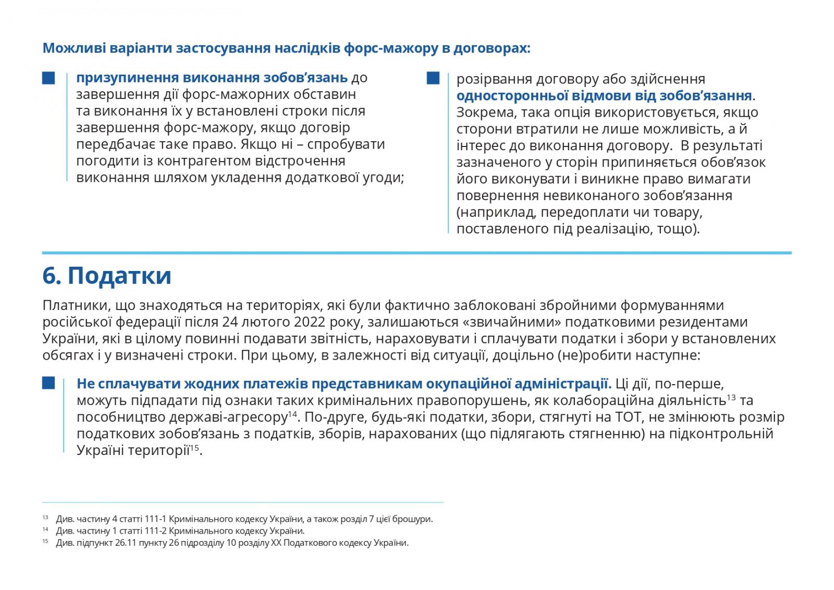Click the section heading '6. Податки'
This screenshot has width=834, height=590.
[x=107, y=276]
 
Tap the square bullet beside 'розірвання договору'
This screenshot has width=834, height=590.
[x=433, y=79]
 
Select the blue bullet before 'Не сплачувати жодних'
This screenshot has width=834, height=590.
[x=48, y=383]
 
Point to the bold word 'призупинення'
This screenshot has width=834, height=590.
[x=127, y=78]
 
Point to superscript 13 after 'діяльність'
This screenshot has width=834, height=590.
[x=731, y=398]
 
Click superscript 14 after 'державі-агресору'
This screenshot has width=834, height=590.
[x=292, y=414]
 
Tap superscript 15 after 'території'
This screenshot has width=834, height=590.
[x=194, y=448]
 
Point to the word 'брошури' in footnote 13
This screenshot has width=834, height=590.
[x=416, y=519]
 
